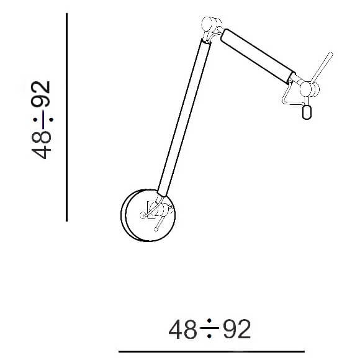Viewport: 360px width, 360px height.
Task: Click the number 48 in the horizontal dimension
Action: tap(183, 330)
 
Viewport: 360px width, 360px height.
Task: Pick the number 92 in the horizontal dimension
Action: tap(236, 330)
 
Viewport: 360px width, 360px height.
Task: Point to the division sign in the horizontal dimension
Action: tap(210, 330)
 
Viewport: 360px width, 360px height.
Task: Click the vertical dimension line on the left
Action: tap(67, 118)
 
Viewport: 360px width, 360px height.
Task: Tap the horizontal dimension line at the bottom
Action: tap(211, 351)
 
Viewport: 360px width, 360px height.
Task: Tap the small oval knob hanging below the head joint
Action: tap(306, 111)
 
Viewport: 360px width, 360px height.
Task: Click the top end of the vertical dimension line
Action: tap(67, 14)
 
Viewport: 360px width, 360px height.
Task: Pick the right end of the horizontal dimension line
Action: tap(304, 351)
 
